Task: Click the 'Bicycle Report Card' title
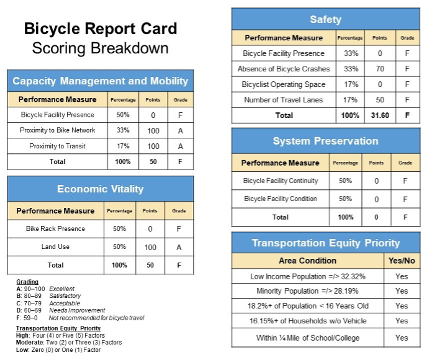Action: [x=100, y=29]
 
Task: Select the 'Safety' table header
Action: [x=325, y=19]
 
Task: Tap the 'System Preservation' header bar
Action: [x=325, y=141]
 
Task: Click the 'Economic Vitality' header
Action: [x=100, y=189]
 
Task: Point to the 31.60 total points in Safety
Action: [x=380, y=115]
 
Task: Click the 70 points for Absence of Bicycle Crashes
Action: [x=380, y=69]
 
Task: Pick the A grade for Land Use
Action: [x=179, y=247]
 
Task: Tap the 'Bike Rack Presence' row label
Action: [x=55, y=228]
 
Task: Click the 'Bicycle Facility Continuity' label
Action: [x=281, y=181]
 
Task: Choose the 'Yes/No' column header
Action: [x=402, y=261]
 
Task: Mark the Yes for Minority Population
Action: [x=402, y=291]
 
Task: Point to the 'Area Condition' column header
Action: [x=308, y=261]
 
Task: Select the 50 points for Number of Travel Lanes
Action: [x=380, y=100]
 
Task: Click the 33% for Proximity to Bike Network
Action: [x=123, y=130]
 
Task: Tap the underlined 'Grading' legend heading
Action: [x=27, y=282]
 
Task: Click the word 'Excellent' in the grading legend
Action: [x=62, y=289]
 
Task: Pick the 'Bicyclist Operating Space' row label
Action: [x=283, y=84]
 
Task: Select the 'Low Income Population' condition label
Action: [x=307, y=276]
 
